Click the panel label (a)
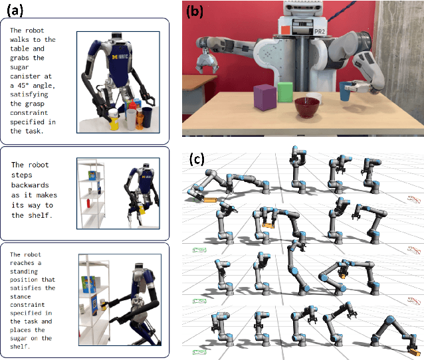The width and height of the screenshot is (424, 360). [14, 11]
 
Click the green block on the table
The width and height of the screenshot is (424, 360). [286, 91]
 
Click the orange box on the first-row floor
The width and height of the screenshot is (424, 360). [209, 199]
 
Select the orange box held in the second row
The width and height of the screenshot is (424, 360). [269, 227]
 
